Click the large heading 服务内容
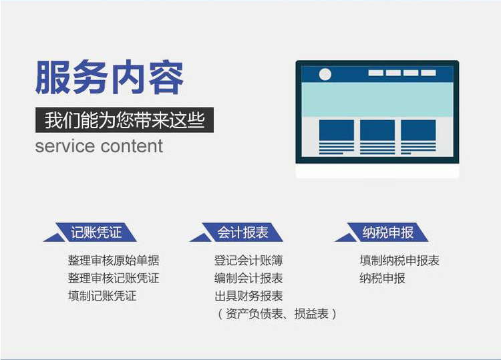pos(110,77)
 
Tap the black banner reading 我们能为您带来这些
pos(124,120)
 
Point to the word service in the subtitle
pos(65,146)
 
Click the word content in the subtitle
pos(132,146)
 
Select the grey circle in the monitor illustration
pos(325,74)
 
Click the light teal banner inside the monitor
pos(377,100)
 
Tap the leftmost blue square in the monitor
pos(337,130)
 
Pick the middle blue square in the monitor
pos(377,130)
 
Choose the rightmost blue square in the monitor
pos(418,130)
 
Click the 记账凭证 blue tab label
pos(96,232)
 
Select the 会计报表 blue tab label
pos(242,232)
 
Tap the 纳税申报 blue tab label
pos(388,232)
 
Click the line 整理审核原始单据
pos(114,260)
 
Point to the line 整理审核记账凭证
pos(114,279)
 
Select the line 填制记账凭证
pos(102,296)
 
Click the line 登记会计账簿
pos(248,260)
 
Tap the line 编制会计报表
pos(248,279)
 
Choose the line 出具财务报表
pos(248,296)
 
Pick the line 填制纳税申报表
pos(399,260)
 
